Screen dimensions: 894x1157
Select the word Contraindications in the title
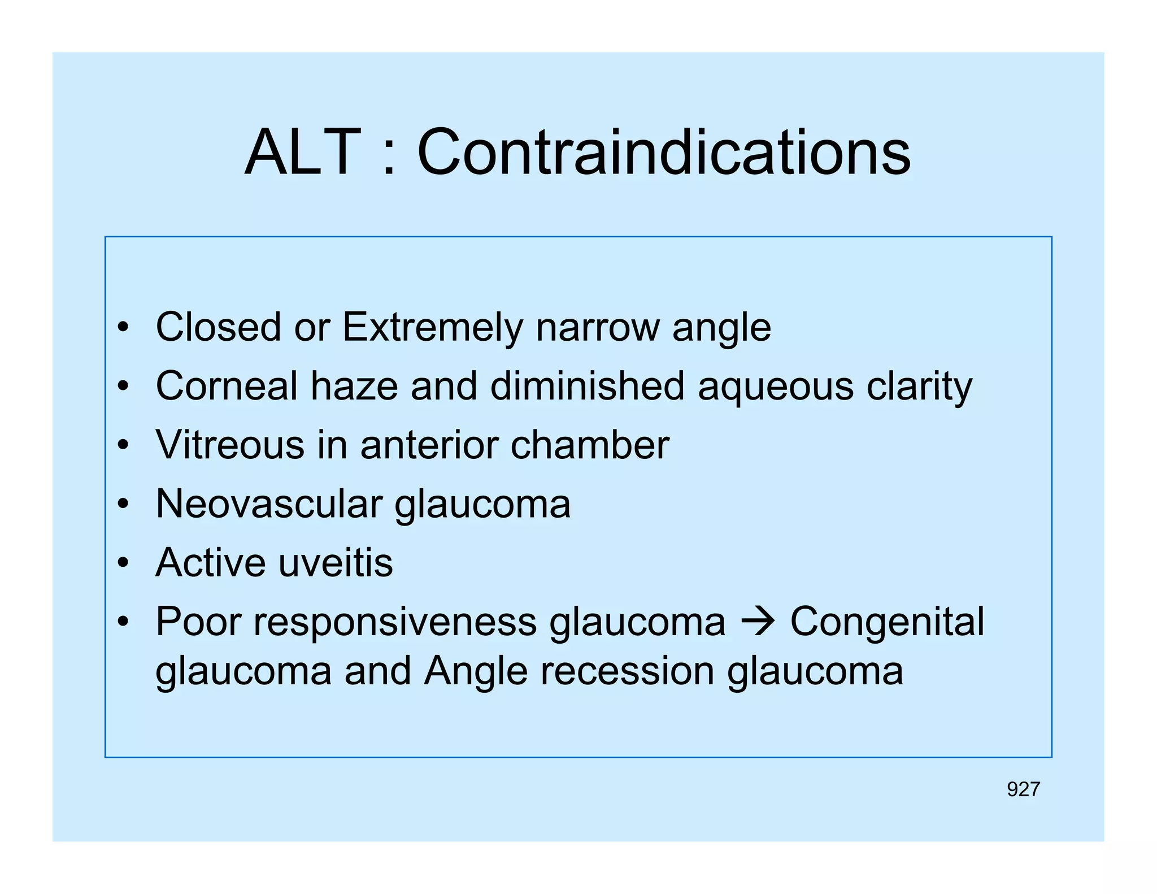[x=663, y=153]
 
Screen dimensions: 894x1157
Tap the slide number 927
[x=1023, y=789]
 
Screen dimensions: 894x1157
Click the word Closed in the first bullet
[x=218, y=327]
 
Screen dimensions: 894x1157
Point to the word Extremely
[x=433, y=328]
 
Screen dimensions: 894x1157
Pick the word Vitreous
[x=230, y=445]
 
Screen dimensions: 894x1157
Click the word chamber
[x=590, y=445]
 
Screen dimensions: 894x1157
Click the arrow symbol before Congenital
[x=758, y=622]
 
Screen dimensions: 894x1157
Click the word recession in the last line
[x=627, y=671]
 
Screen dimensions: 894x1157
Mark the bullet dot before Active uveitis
[x=123, y=563]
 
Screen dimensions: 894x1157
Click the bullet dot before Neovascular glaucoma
[x=123, y=504]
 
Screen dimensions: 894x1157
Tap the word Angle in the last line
[x=476, y=672]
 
